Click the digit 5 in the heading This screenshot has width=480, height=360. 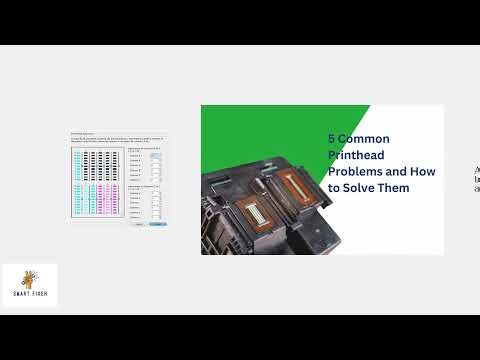coord(332,139)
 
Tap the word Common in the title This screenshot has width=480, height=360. coord(366,139)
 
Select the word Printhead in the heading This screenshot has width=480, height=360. coord(359,155)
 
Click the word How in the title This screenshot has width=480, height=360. coord(423,171)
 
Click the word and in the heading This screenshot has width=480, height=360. coord(398,171)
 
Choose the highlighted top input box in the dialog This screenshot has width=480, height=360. coord(155,156)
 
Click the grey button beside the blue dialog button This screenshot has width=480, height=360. coord(140,224)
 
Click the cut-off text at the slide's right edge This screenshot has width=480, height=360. coord(476,179)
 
